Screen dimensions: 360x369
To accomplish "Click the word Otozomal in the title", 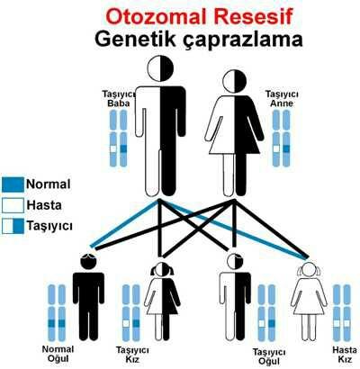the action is pyautogui.click(x=156, y=17).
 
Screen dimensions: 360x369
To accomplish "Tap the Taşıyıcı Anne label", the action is pyautogui.click(x=282, y=99).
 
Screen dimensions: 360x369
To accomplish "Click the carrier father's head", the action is pyautogui.click(x=160, y=68).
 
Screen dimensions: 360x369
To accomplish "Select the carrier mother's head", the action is pyautogui.click(x=234, y=81).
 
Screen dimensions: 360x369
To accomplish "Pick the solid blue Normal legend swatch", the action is pyautogui.click(x=13, y=184).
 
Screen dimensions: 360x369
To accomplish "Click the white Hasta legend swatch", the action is pyautogui.click(x=13, y=206).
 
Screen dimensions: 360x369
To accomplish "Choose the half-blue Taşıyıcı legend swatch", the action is pyautogui.click(x=13, y=227).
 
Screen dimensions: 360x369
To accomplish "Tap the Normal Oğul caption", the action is pyautogui.click(x=58, y=354).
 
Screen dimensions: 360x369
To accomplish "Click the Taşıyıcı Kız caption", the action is pyautogui.click(x=132, y=355).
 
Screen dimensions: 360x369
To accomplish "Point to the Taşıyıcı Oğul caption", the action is pyautogui.click(x=269, y=356).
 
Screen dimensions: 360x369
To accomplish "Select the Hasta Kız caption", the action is pyautogui.click(x=345, y=355).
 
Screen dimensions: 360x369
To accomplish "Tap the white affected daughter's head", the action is pyautogui.click(x=309, y=270).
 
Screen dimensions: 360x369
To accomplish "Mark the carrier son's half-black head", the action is pyautogui.click(x=235, y=262).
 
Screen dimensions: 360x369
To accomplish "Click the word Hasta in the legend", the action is pyautogui.click(x=44, y=205).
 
